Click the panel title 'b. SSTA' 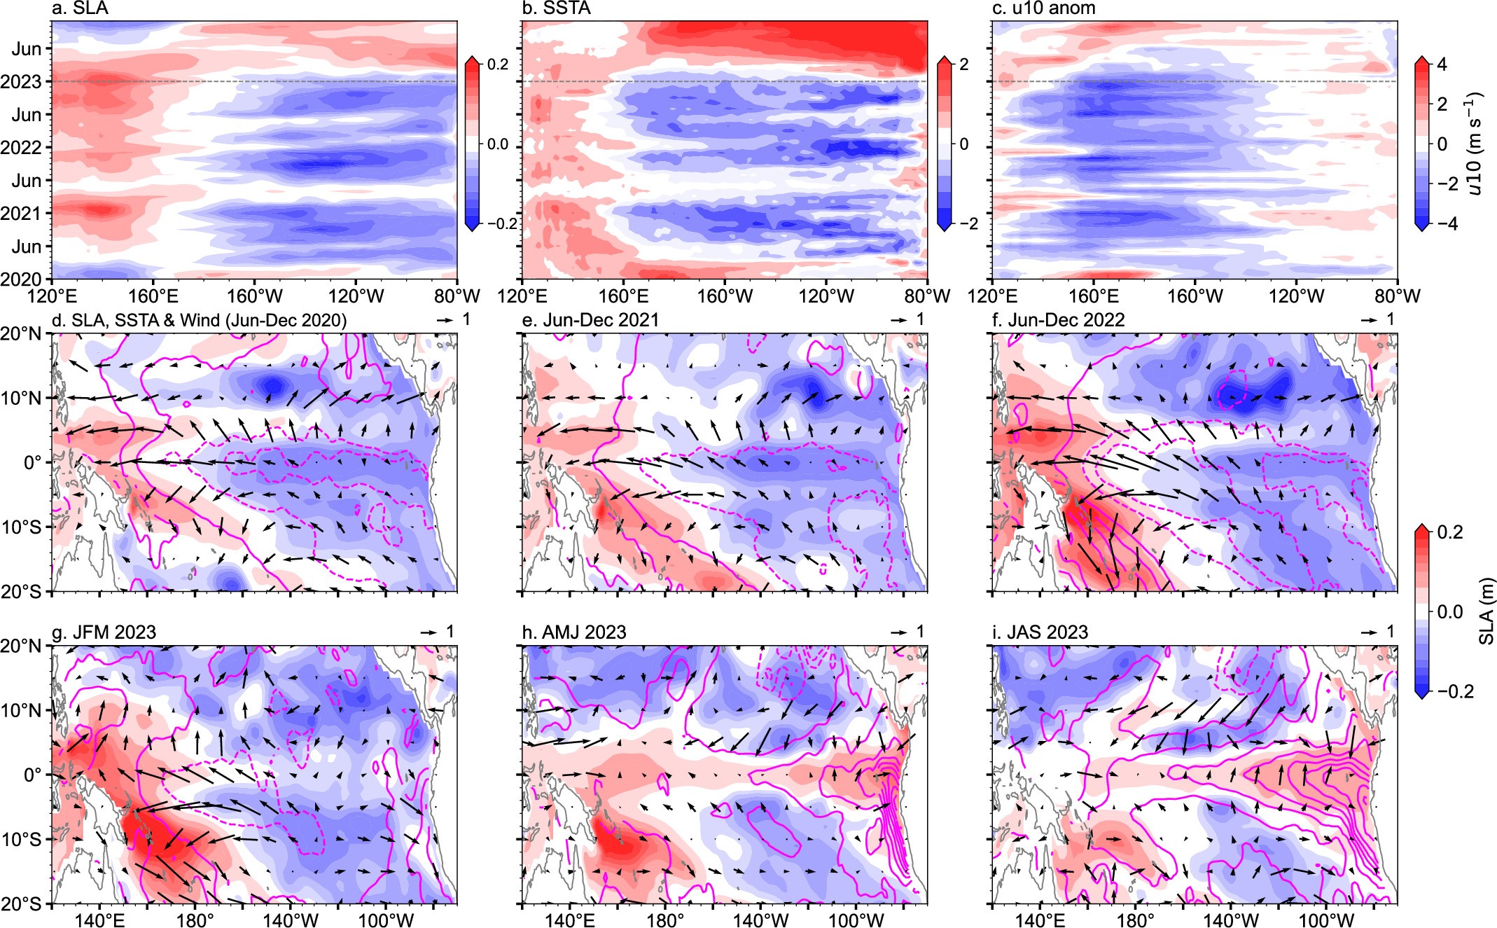(557, 8)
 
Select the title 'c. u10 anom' (1044, 8)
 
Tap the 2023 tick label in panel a (21, 82)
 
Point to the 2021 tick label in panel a (21, 214)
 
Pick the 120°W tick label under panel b (826, 296)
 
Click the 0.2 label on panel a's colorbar (498, 64)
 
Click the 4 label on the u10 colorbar (1442, 64)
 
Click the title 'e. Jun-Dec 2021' (591, 320)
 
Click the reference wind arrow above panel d (445, 319)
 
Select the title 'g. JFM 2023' (104, 632)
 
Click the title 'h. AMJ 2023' (574, 632)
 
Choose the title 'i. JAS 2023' (1040, 632)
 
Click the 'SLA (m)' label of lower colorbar (1486, 611)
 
